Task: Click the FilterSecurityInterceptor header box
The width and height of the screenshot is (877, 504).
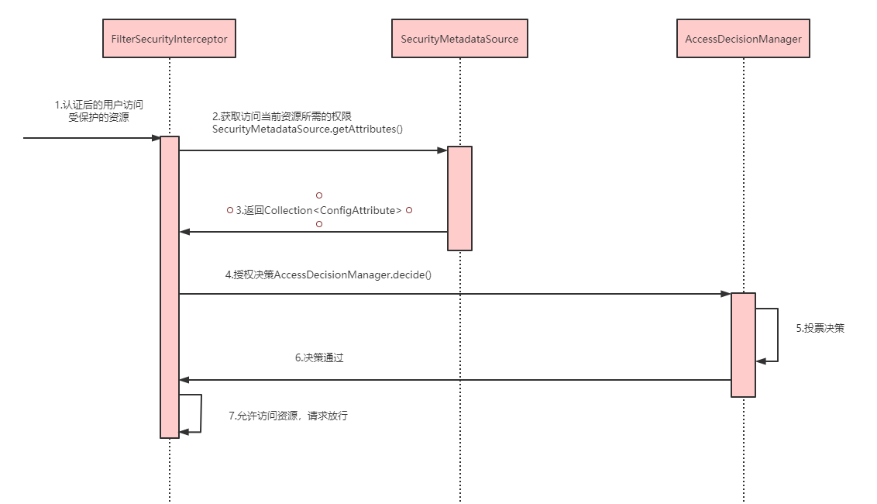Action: [x=169, y=38]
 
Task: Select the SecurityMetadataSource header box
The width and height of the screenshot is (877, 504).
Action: [x=459, y=38]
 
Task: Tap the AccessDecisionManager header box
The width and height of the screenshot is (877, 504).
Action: [x=743, y=38]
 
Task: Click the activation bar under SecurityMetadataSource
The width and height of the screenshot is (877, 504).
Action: [x=459, y=198]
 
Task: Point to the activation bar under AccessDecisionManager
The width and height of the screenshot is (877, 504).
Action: [x=743, y=344]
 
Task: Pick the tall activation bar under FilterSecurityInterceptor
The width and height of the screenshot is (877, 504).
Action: [x=170, y=287]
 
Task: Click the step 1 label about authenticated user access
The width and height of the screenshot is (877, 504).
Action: [x=99, y=111]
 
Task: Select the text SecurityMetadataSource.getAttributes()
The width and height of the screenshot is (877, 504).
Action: [x=307, y=129]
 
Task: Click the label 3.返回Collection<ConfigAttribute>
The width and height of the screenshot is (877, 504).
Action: [x=318, y=211]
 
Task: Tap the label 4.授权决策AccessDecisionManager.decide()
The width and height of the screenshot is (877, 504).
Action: [x=328, y=275]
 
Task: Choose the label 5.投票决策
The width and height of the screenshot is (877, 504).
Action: [x=820, y=328]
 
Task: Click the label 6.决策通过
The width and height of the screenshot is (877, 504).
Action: [x=319, y=358]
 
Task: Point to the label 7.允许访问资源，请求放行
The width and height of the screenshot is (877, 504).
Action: [x=288, y=416]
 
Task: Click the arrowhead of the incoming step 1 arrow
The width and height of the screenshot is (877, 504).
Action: [x=156, y=138]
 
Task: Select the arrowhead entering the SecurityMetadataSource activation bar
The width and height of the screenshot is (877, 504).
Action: [x=442, y=150]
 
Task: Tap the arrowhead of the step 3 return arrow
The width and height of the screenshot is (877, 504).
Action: [x=184, y=232]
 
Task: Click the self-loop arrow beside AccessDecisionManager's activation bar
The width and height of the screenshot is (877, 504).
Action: [x=777, y=335]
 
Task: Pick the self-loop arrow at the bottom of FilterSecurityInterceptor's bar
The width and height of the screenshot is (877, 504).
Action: [x=201, y=413]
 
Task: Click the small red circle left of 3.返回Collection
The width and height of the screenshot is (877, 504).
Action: [x=230, y=210]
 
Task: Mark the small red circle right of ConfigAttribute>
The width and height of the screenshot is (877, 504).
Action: [x=409, y=210]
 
